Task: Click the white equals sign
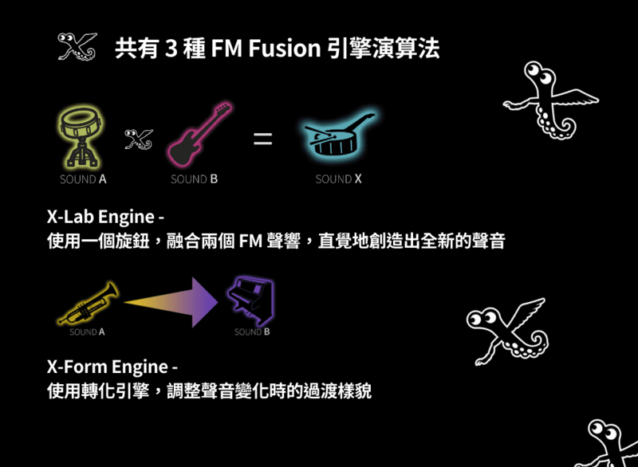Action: (x=262, y=139)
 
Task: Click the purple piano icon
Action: (x=250, y=300)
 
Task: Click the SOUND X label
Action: (x=338, y=179)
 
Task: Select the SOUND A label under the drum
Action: (x=83, y=179)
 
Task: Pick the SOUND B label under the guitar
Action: (x=194, y=179)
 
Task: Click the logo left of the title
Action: (x=77, y=47)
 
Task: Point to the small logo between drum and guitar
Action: (x=138, y=139)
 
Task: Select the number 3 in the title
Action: (x=170, y=48)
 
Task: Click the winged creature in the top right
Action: (x=549, y=100)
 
